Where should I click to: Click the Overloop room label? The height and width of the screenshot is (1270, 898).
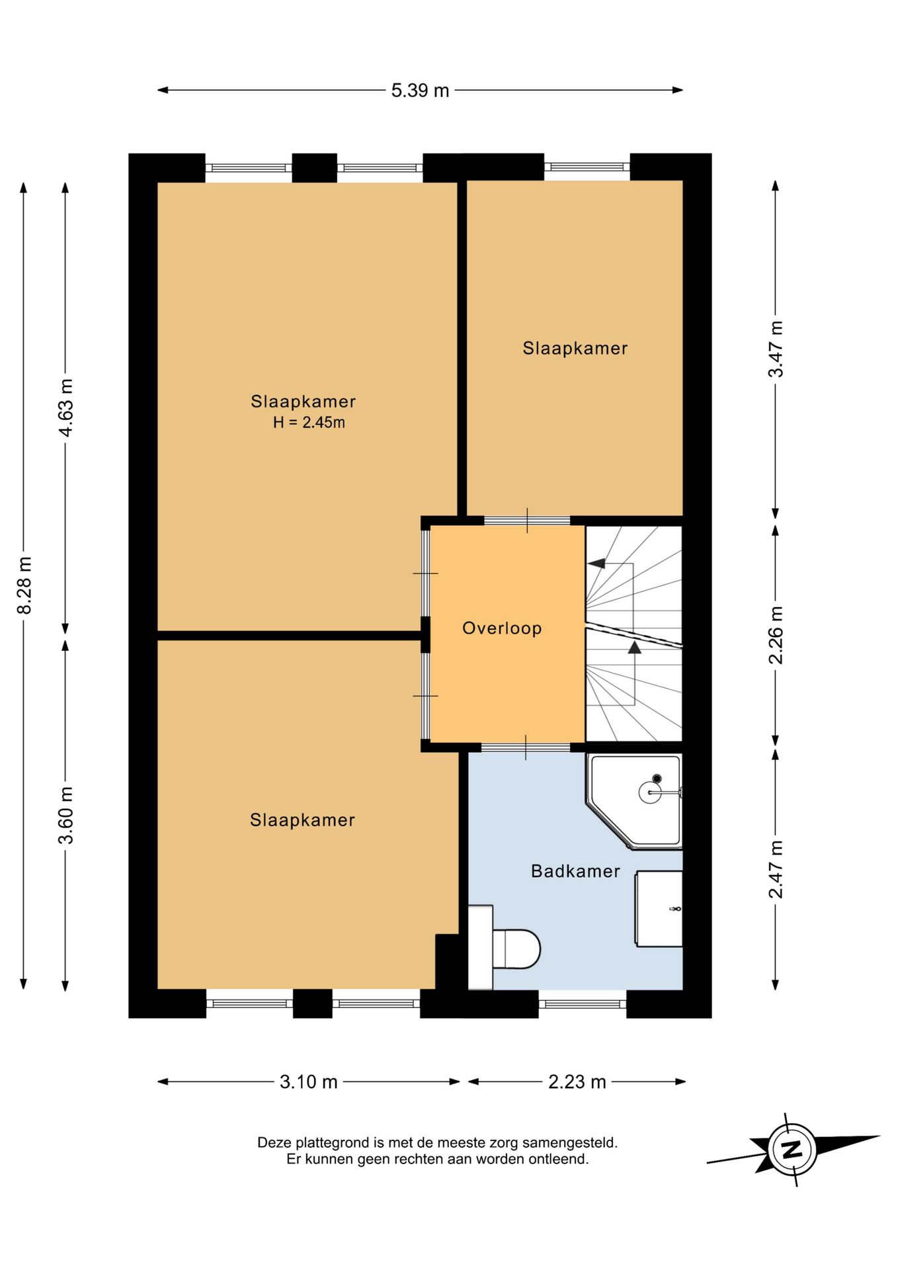(502, 628)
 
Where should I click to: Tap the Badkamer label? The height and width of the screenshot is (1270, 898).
(575, 871)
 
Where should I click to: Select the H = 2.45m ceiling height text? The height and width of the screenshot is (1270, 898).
(309, 422)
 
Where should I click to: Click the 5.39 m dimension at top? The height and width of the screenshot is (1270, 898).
(420, 90)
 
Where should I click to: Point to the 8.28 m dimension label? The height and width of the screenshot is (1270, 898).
(24, 585)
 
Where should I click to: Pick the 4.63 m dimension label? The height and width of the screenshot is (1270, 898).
(66, 407)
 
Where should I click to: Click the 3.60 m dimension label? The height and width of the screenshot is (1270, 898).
(66, 816)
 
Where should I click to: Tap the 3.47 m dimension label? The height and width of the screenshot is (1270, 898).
(776, 349)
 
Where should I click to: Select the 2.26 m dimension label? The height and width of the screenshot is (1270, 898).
(776, 635)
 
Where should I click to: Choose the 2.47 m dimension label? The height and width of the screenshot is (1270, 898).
(776, 869)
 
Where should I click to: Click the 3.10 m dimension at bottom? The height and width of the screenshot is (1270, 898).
(308, 1082)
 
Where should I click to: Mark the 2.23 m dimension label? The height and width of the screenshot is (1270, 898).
(577, 1082)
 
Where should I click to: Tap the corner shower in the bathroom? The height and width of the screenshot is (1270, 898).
(635, 801)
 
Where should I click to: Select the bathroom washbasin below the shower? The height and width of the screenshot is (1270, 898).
(659, 909)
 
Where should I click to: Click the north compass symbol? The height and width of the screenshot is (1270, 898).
(792, 1149)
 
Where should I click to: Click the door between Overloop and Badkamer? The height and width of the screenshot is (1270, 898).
(526, 747)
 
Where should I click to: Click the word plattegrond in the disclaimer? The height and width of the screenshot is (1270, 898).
(333, 1142)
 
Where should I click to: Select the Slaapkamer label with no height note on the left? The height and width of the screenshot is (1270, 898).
(302, 820)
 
